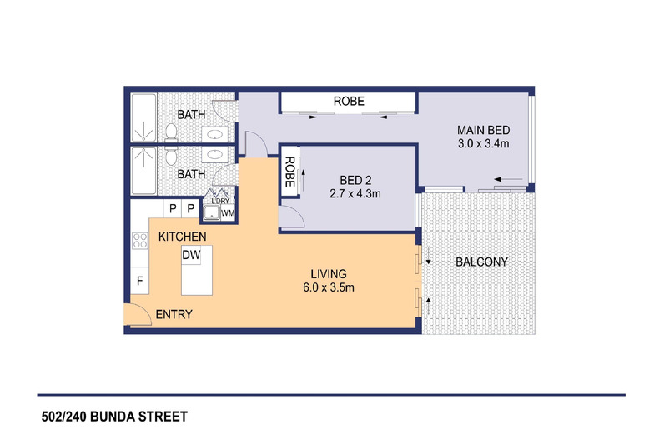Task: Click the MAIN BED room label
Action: [483, 130]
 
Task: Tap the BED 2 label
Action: [355, 181]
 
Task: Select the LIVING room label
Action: [329, 274]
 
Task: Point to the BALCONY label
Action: [481, 262]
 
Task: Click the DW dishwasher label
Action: [191, 255]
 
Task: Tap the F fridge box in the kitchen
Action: [139, 280]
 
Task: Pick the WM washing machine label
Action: [228, 213]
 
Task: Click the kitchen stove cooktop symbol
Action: [140, 241]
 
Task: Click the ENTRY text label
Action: [174, 314]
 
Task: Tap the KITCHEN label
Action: [183, 237]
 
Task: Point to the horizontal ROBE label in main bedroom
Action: [349, 101]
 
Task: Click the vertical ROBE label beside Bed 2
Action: [289, 172]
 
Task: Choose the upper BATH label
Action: [191, 115]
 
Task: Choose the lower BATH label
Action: [191, 174]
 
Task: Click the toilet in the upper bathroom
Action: [171, 132]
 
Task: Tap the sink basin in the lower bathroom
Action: [214, 154]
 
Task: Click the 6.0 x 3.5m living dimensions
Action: [329, 287]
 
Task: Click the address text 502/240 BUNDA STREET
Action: [114, 417]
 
